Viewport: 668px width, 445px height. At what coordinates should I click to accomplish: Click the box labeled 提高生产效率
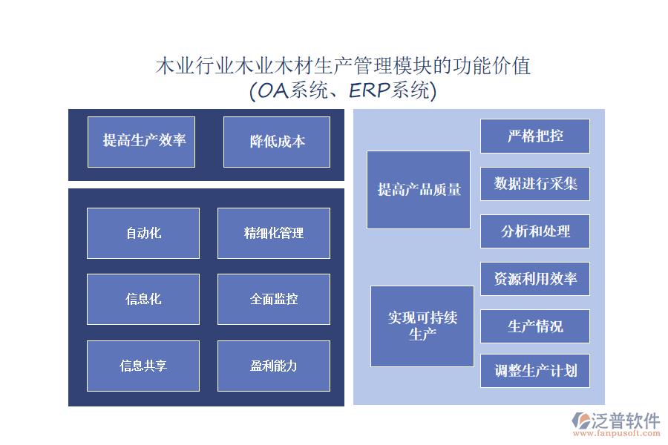141,142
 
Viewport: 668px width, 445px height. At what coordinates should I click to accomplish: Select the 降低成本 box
277,142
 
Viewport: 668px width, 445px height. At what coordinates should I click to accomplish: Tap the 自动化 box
143,233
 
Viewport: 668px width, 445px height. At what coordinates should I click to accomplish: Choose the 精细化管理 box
274,233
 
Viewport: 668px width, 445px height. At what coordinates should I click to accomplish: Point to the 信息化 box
143,299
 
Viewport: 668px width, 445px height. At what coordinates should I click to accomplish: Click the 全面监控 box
274,299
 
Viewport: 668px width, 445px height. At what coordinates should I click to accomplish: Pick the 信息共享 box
143,366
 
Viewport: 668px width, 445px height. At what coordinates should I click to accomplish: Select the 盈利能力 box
274,366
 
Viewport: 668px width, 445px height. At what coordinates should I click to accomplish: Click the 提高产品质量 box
419,190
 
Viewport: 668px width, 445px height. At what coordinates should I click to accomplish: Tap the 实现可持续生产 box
422,326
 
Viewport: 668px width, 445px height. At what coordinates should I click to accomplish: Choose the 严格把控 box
535,136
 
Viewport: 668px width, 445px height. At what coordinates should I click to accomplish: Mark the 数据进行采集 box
535,184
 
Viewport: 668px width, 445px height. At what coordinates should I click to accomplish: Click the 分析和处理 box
535,231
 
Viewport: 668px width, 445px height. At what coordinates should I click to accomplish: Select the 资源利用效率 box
535,279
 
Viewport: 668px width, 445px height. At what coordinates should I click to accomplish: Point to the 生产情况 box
535,326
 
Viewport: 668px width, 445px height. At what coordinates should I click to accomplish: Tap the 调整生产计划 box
535,370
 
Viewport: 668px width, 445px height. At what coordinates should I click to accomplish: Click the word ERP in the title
370,90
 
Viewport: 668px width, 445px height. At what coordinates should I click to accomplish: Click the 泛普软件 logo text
626,421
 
